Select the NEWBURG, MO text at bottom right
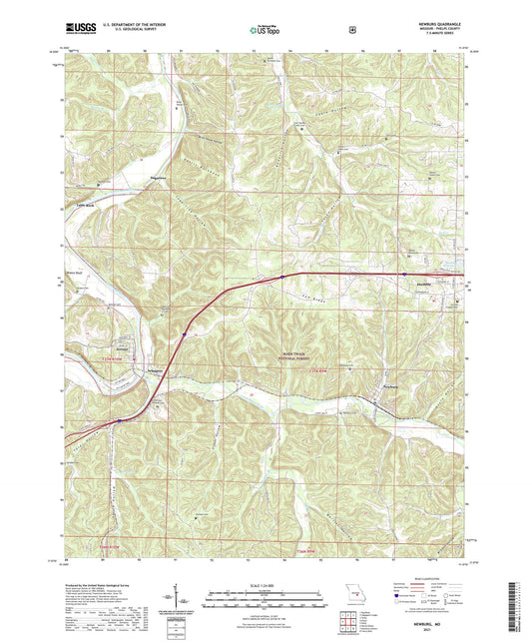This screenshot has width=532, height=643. (x=435, y=619)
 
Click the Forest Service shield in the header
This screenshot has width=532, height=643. (x=352, y=30)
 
